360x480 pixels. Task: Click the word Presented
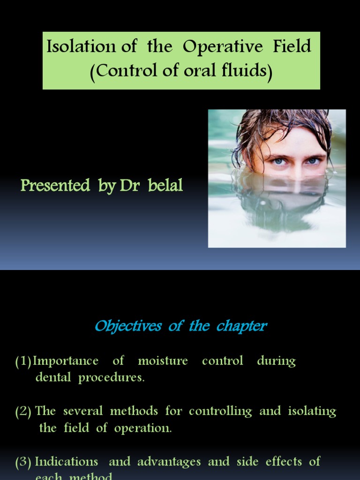[55, 186]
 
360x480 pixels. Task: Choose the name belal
[165, 186]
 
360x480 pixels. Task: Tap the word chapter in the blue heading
[241, 326]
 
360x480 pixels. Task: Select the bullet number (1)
[23, 361]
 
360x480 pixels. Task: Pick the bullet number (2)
[23, 412]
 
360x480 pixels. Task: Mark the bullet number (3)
[23, 462]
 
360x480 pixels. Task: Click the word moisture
[163, 361]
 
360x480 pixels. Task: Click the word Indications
[67, 461]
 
